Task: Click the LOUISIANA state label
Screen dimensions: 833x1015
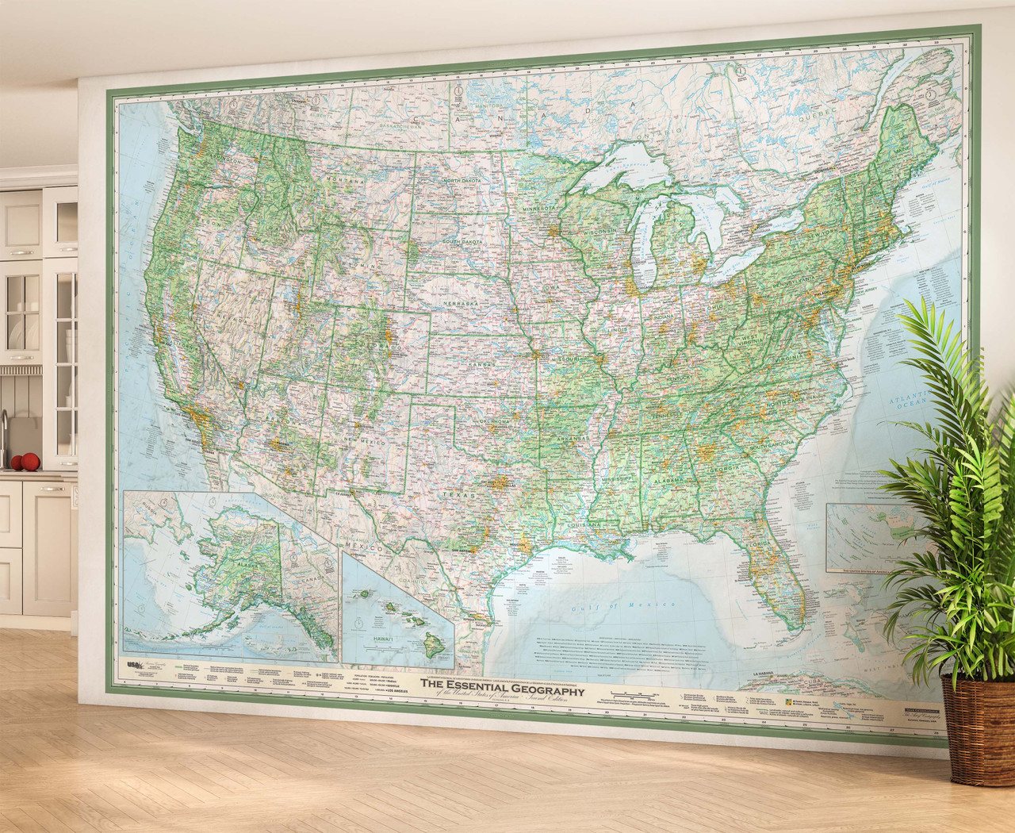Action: coord(583,525)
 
